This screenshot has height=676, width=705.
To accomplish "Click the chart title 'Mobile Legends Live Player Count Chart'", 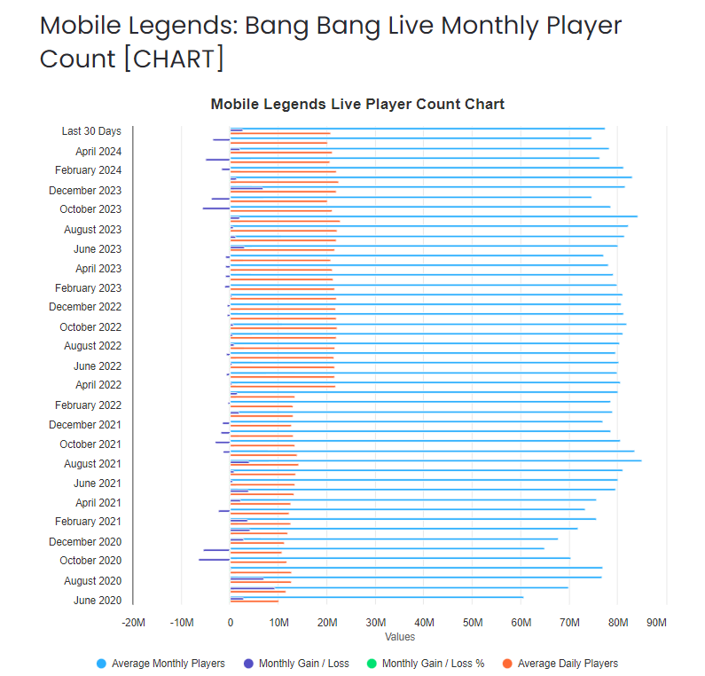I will click(x=357, y=105).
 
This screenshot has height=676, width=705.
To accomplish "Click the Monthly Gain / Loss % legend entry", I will click(x=433, y=664).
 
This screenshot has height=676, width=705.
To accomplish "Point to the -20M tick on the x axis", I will click(x=133, y=623).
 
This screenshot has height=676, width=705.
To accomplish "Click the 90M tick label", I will click(x=656, y=623).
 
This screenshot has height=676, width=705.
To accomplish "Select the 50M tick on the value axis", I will click(x=473, y=623).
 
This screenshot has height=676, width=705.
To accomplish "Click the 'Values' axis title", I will click(x=400, y=636).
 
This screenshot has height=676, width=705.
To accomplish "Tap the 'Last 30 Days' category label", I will click(x=91, y=131).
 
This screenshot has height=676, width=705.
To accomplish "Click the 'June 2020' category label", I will click(x=98, y=601).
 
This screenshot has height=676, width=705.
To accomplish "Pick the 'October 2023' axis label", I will click(x=90, y=209).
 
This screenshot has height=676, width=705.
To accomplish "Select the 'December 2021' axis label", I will click(x=85, y=425).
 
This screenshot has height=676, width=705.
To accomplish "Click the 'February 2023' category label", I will click(x=88, y=288).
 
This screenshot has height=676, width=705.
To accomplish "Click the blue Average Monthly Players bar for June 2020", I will click(x=377, y=597).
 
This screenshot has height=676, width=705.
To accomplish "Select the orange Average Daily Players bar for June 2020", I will click(x=255, y=601).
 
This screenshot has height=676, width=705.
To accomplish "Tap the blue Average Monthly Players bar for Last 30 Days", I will click(x=417, y=129).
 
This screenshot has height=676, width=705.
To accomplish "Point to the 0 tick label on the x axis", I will click(x=231, y=623).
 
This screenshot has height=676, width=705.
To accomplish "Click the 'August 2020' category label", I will click(x=92, y=581).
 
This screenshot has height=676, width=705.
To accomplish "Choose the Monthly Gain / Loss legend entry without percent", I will click(x=303, y=664).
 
